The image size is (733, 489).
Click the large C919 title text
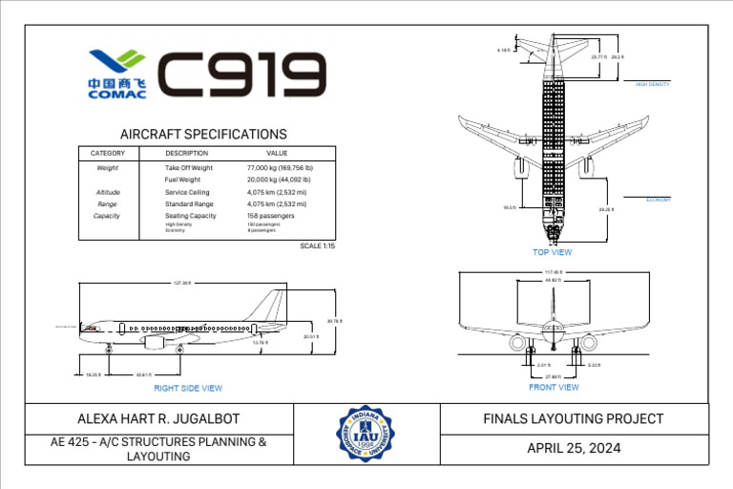(241, 75)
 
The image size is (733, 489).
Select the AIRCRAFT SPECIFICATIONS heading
(203, 135)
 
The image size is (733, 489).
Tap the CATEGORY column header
(108, 153)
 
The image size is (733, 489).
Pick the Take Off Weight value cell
(278, 167)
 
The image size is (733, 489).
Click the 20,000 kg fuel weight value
(278, 180)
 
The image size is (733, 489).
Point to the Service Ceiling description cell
(187, 192)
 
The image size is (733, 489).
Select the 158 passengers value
(270, 216)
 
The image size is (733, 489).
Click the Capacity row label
(107, 216)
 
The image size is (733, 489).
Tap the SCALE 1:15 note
(317, 245)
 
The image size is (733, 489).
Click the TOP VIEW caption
(552, 252)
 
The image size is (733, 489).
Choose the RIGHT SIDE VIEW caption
(188, 388)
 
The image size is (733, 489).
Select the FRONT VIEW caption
(554, 387)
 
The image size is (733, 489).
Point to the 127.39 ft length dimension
(181, 283)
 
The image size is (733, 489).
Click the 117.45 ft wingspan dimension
(553, 272)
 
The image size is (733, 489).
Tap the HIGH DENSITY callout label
(653, 84)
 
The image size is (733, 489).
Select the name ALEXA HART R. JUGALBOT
(158, 418)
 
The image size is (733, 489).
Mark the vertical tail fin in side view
(273, 308)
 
